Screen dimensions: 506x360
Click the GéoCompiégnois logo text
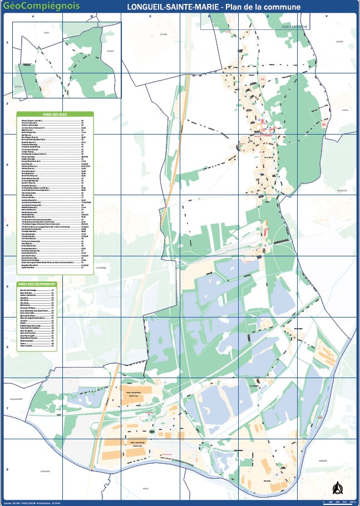coord(41,6)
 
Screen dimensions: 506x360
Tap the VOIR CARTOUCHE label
coord(294,26)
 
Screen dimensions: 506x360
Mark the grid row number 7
coord(7,409)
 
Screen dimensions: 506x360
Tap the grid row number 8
coord(7,469)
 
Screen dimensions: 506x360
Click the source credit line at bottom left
coord(33,502)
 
